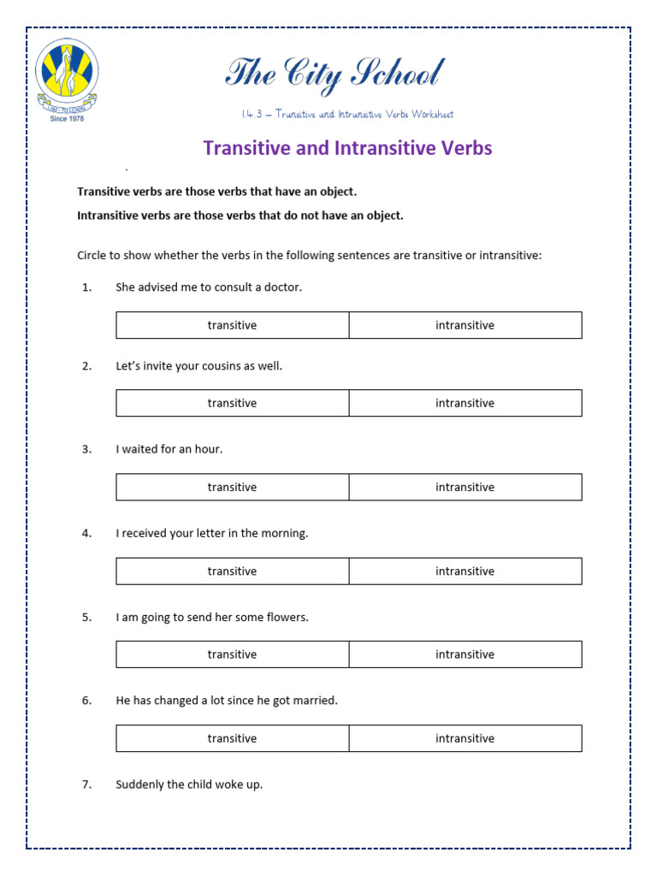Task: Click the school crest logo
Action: pyautogui.click(x=67, y=74)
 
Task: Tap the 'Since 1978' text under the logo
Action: pyautogui.click(x=67, y=118)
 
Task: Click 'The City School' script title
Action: pyautogui.click(x=334, y=74)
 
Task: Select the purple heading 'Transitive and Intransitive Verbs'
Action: pyautogui.click(x=347, y=148)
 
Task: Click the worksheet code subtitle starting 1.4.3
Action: pyautogui.click(x=346, y=115)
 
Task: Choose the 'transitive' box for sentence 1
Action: pyautogui.click(x=232, y=325)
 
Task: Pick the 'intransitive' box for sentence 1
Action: pyautogui.click(x=465, y=325)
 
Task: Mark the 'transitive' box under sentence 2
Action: pyautogui.click(x=232, y=403)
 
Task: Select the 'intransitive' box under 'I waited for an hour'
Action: pyautogui.click(x=465, y=487)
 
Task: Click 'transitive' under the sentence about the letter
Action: pyautogui.click(x=232, y=571)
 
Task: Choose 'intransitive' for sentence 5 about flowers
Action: pyautogui.click(x=465, y=654)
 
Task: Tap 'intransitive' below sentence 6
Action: pyautogui.click(x=465, y=738)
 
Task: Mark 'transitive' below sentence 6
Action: pyautogui.click(x=232, y=738)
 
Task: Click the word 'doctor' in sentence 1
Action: pyautogui.click(x=282, y=287)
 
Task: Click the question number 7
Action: pyautogui.click(x=86, y=784)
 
